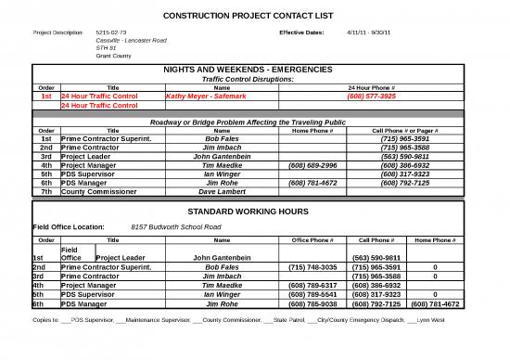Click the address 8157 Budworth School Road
coord(176,226)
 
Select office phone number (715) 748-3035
coord(312,266)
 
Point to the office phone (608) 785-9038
coord(312,303)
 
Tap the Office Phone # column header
coord(312,240)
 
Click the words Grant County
coord(113,56)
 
